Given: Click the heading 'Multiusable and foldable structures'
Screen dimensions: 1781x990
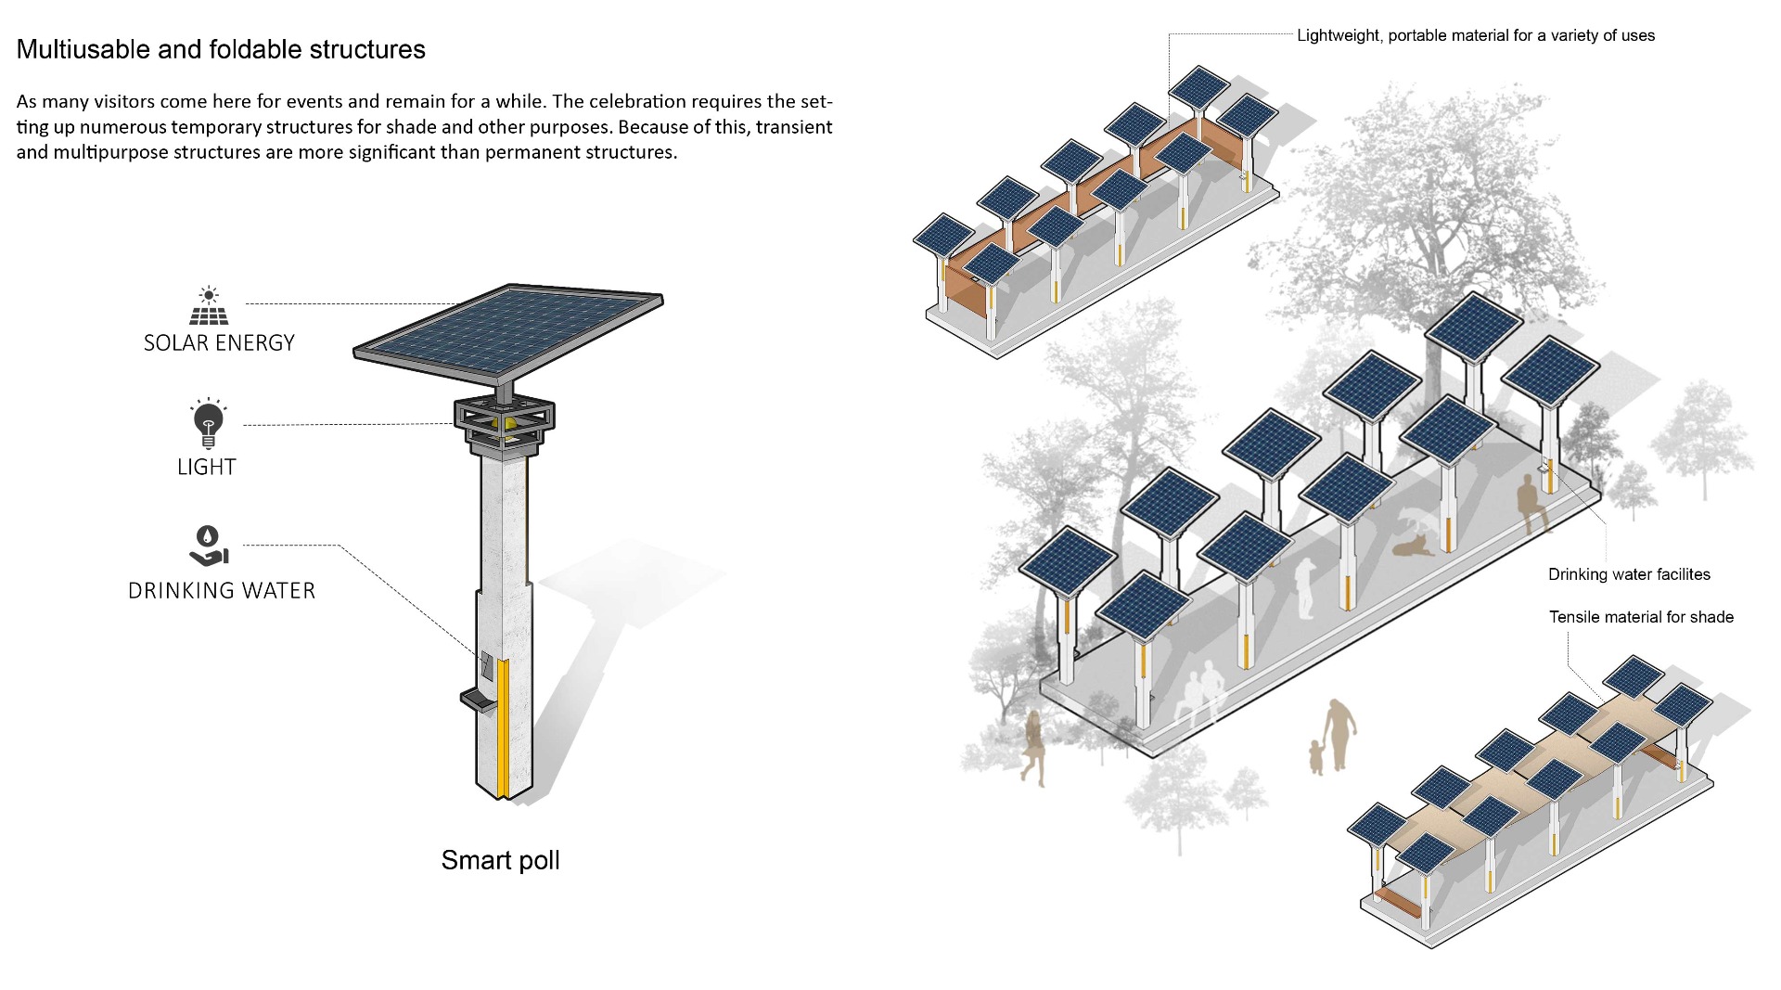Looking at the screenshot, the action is (x=221, y=49).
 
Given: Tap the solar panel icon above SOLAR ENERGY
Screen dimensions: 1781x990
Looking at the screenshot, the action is (x=209, y=305).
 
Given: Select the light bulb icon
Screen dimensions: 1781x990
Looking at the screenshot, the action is (x=208, y=423).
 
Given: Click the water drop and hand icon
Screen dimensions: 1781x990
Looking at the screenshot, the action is (x=209, y=546).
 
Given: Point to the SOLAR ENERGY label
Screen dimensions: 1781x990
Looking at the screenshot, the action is (x=219, y=343).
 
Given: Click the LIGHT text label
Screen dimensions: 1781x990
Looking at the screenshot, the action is (x=207, y=467).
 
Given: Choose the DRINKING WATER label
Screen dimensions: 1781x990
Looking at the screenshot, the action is (x=222, y=591).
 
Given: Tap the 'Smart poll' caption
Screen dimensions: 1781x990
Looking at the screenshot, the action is (x=500, y=860).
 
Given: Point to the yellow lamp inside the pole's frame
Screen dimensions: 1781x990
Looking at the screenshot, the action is (x=509, y=424).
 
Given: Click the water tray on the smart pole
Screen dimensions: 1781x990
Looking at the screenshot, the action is (x=478, y=700).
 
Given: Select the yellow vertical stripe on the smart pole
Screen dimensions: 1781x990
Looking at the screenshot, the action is (x=502, y=728).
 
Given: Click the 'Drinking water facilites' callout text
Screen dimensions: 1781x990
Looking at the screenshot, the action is (x=1629, y=574).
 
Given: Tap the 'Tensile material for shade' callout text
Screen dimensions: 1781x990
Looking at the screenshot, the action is (x=1641, y=617).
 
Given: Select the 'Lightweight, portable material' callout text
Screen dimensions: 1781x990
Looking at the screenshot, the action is (x=1476, y=35).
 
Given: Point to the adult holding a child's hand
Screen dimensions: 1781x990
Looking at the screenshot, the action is (x=1338, y=735).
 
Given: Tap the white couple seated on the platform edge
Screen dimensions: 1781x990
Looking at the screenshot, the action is (x=1199, y=692).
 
